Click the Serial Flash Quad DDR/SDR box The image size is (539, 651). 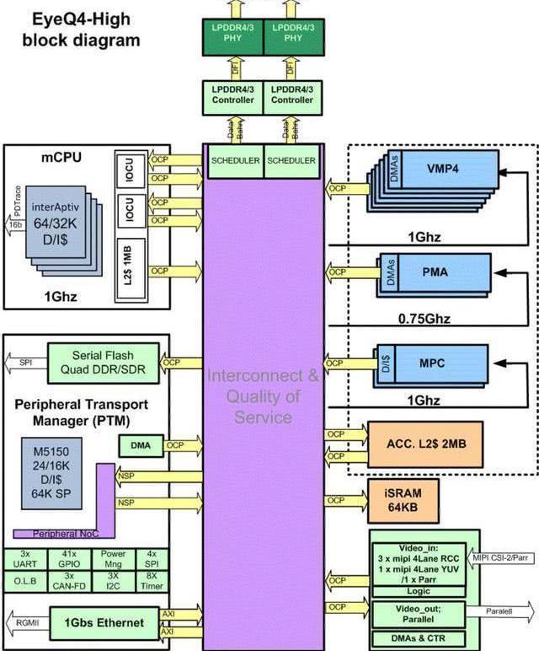pos(103,362)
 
